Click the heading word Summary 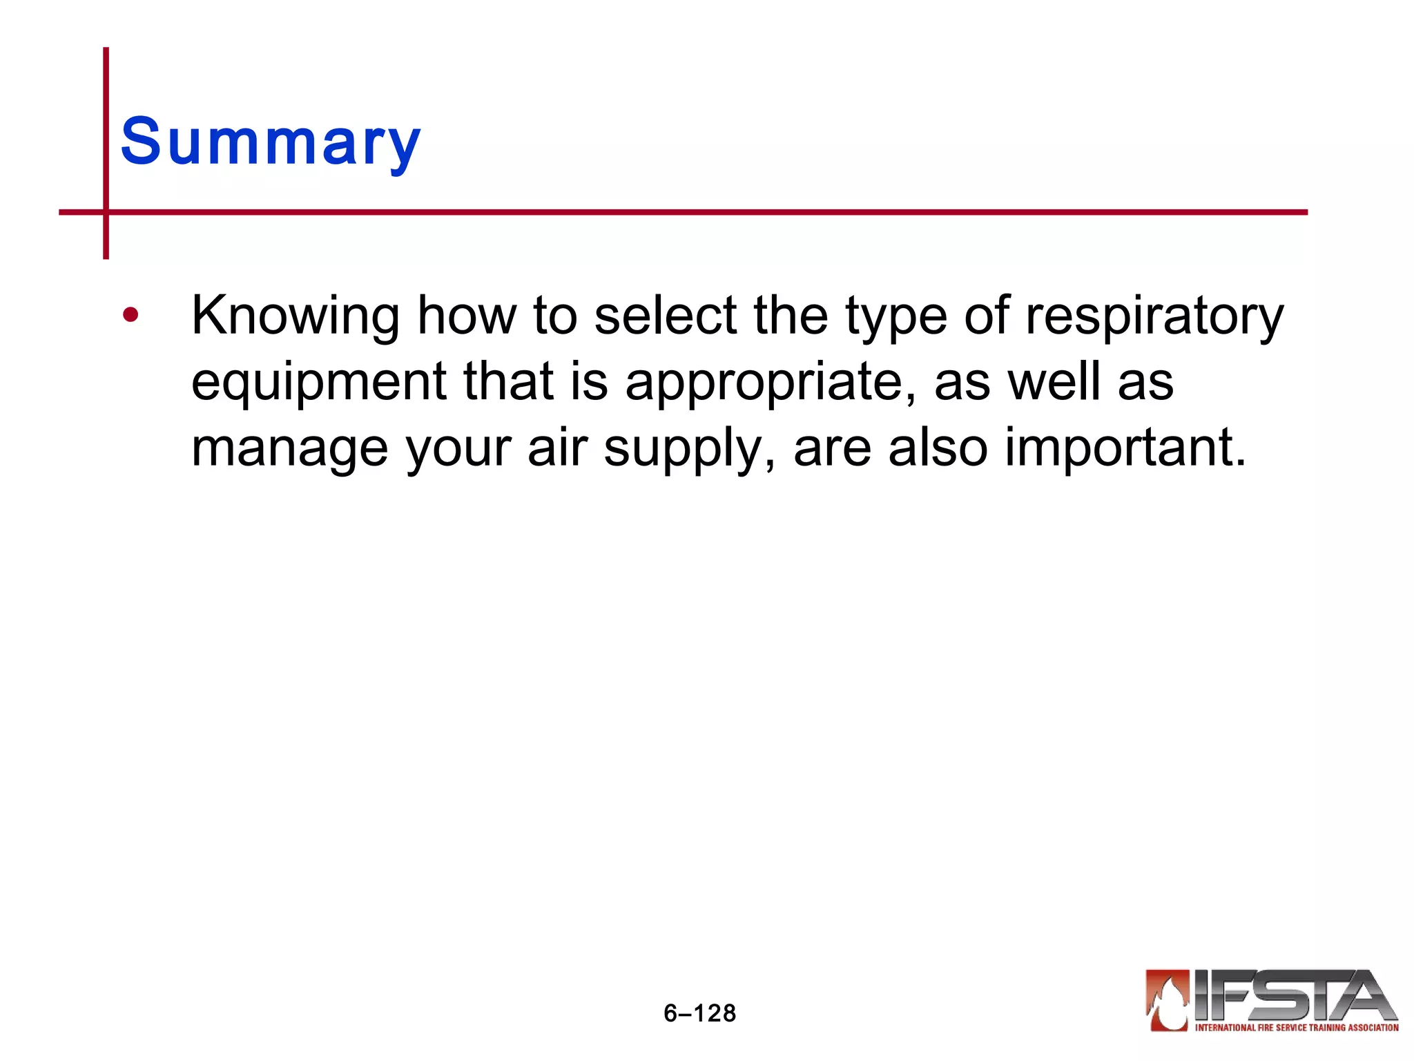coord(270,142)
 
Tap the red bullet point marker coord(130,316)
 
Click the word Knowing coord(295,316)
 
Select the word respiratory coord(1154,316)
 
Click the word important coord(1125,448)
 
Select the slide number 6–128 coord(699,1013)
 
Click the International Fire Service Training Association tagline coord(1297,1028)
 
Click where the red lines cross coord(106,212)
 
